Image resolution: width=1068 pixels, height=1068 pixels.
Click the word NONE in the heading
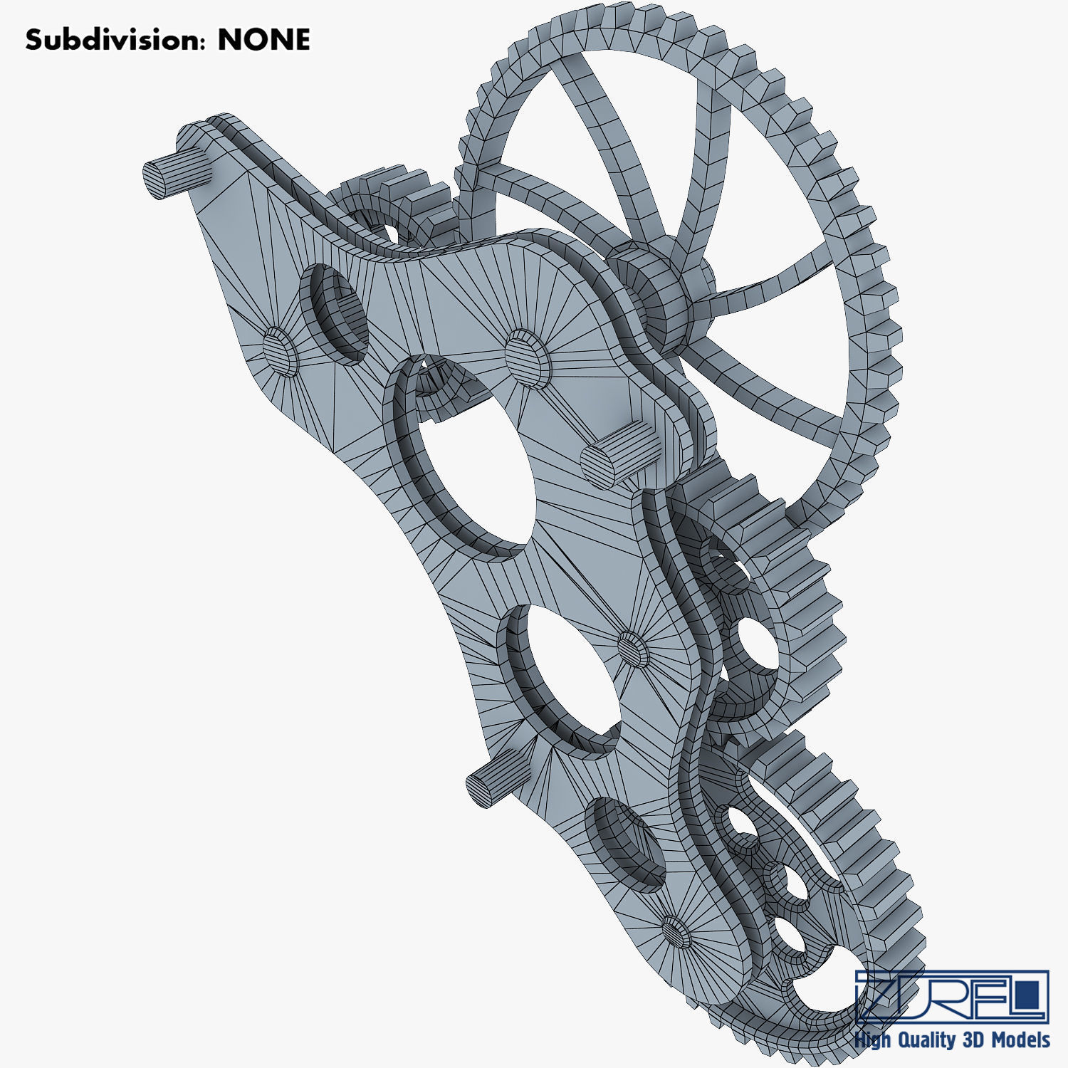coord(263,40)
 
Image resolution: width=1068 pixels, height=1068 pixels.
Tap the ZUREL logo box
coord(951,995)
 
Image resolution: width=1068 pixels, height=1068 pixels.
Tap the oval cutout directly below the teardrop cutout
coord(562,676)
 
